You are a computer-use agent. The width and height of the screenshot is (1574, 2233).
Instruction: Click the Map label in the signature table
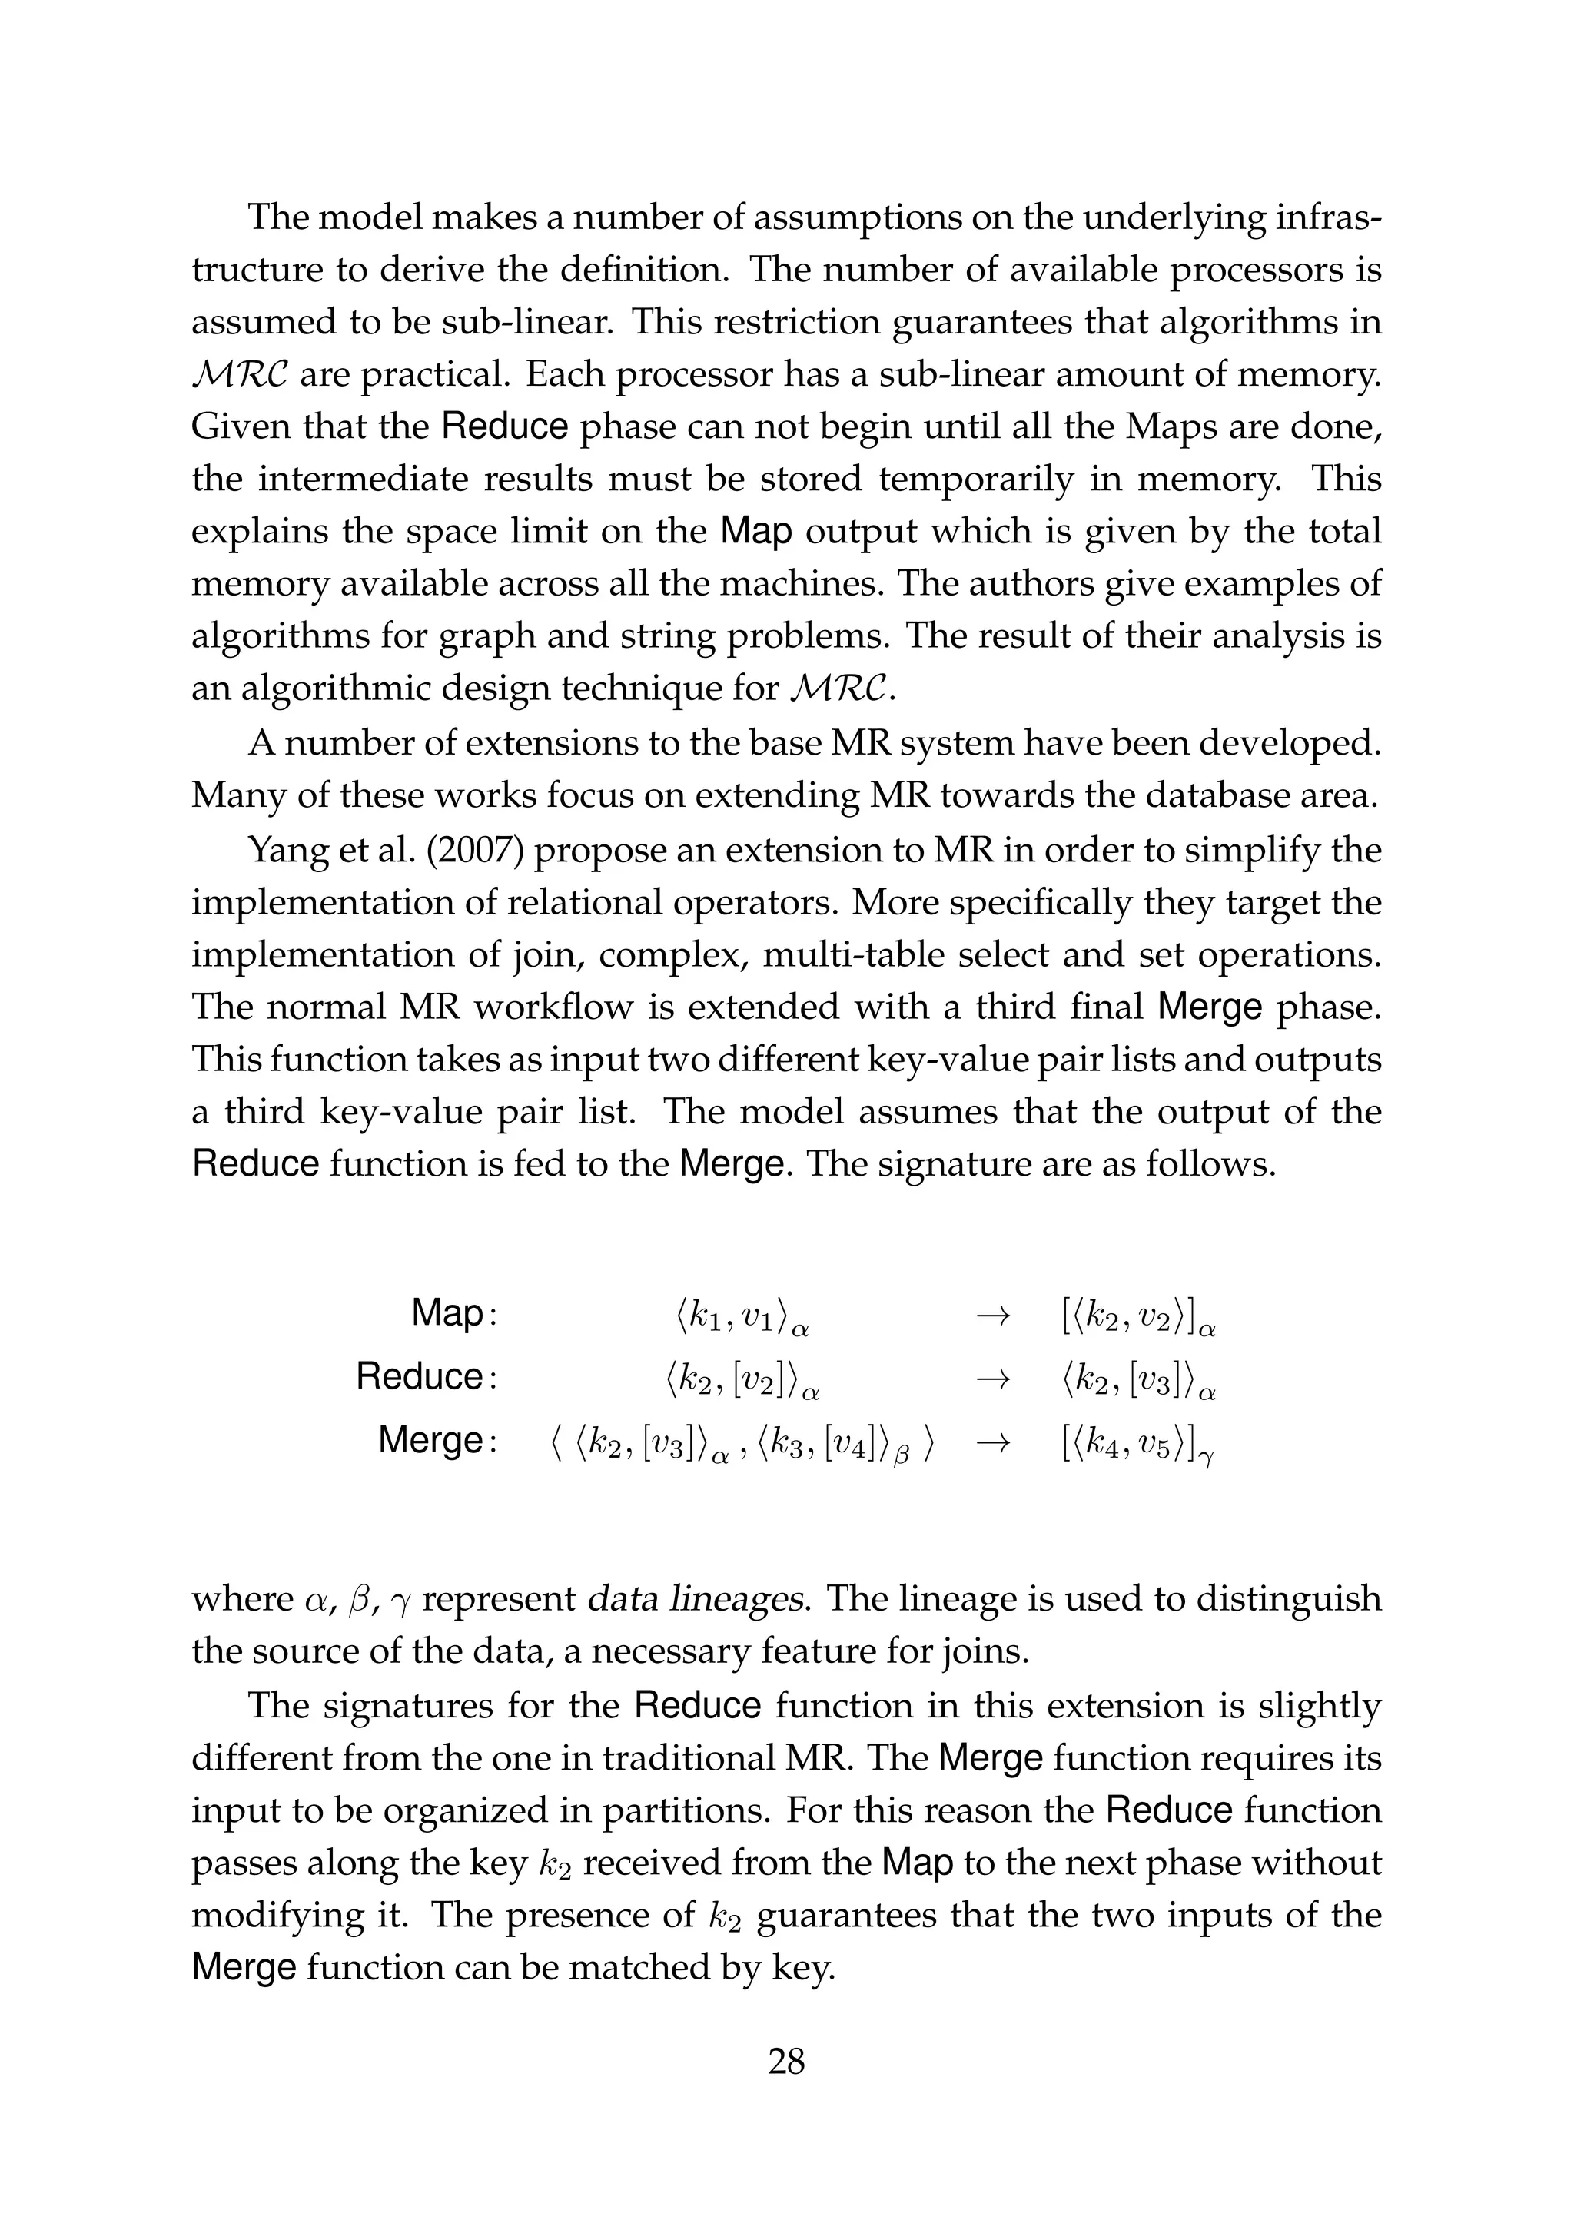click(x=447, y=1313)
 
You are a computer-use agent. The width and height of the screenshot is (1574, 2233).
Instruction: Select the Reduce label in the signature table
click(x=420, y=1376)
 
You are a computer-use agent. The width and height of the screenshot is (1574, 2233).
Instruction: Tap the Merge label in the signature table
click(x=431, y=1439)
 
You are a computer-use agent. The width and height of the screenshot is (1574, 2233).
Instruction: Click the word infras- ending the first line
click(x=1332, y=217)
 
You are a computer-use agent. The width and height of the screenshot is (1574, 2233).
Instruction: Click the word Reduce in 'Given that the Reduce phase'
click(x=505, y=427)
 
